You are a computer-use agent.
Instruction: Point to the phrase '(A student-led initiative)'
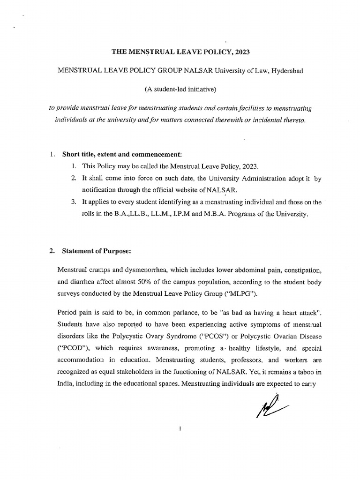click(180, 89)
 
